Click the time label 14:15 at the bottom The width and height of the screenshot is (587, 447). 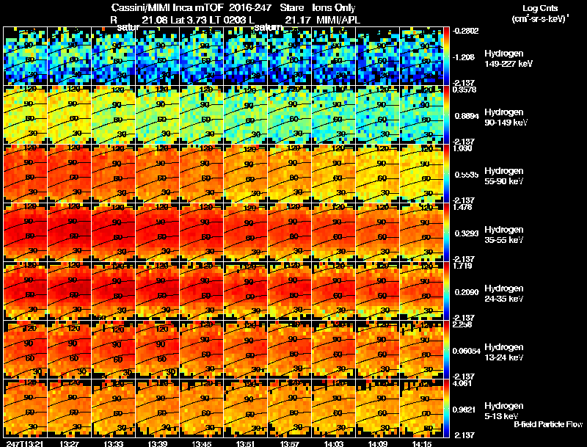coord(422,443)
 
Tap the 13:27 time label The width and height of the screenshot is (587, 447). coord(70,443)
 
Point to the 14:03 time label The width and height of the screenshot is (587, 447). coord(334,443)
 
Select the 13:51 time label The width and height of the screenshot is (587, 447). coord(246,443)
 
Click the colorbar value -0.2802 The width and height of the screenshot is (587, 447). coord(466,31)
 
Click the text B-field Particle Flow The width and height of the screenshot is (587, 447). coord(547,424)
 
